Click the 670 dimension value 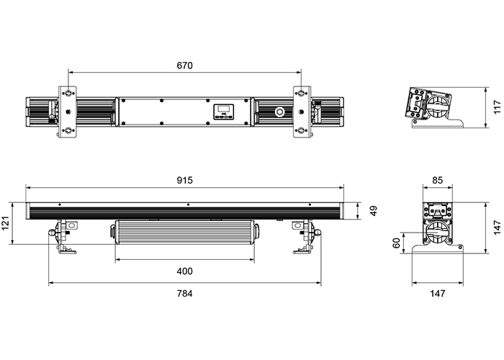click(184, 66)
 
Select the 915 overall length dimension click(184, 180)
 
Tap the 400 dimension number click(184, 271)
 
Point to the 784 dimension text click(184, 294)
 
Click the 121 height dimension click(6, 222)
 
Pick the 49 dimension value click(373, 211)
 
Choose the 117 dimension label click(497, 107)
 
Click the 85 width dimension click(438, 180)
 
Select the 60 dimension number click(397, 243)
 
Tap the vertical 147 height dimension click(497, 228)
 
